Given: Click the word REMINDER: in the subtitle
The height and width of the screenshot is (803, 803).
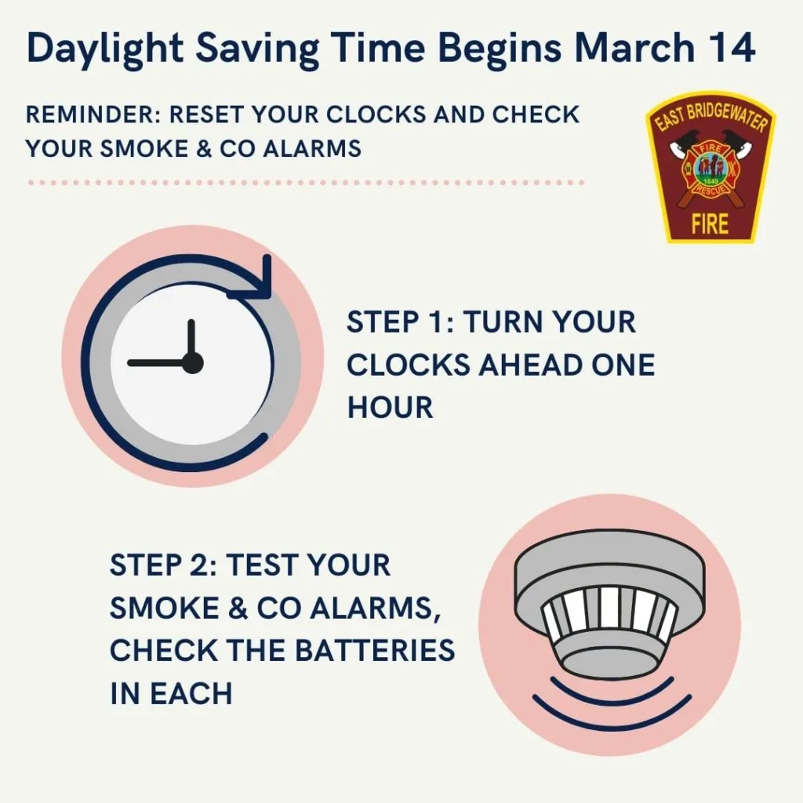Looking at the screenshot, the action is pos(94,114).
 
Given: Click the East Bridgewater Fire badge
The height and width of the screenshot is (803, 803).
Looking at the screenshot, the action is pos(710,167).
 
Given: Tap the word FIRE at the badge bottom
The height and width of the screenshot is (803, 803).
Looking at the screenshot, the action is pos(710,223).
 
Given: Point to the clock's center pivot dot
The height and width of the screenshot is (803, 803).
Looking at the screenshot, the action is pos(191,363).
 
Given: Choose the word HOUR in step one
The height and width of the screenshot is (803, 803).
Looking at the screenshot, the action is pos(391,408).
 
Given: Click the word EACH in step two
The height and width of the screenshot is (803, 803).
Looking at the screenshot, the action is pos(191,693).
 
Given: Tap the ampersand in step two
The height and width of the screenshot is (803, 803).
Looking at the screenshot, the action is pos(237,608).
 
